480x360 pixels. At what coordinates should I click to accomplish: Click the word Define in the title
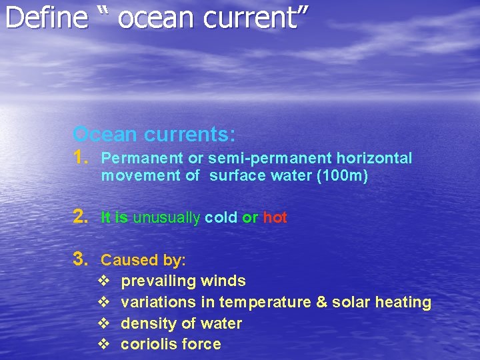[x=46, y=18]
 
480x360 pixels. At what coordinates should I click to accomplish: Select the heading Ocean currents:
[x=154, y=134]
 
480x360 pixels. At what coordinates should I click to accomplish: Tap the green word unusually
[x=167, y=218]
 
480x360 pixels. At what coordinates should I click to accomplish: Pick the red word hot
[x=275, y=218]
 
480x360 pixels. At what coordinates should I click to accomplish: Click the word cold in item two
[x=221, y=218]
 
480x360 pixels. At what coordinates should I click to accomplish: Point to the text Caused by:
[x=143, y=260]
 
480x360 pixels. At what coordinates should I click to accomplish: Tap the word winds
[x=223, y=281]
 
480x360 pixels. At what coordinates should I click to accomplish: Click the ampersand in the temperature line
[x=321, y=303]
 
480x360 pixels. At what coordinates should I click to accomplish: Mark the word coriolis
[x=146, y=345]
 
